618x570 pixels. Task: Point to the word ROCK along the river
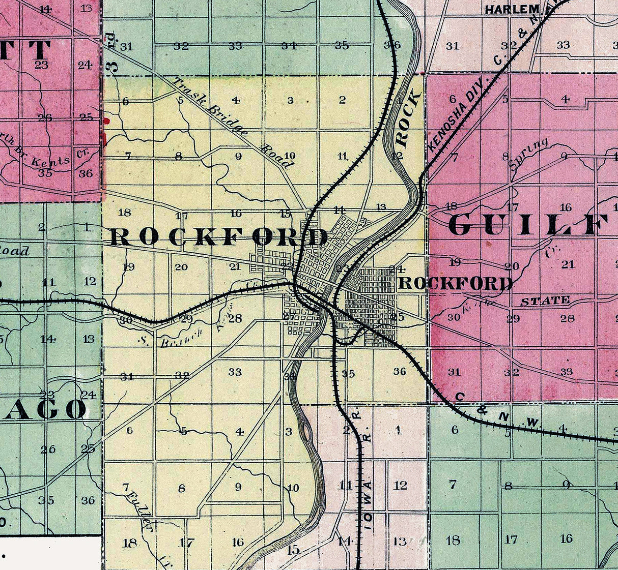coord(408,117)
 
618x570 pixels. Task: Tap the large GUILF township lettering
coord(529,225)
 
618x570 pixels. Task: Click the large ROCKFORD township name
coord(219,237)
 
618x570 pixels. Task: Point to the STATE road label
coord(545,301)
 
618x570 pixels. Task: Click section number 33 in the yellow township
coord(235,372)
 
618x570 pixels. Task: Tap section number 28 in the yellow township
coord(235,318)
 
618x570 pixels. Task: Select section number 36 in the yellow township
coord(400,372)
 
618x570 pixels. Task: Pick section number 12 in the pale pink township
coord(401,486)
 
